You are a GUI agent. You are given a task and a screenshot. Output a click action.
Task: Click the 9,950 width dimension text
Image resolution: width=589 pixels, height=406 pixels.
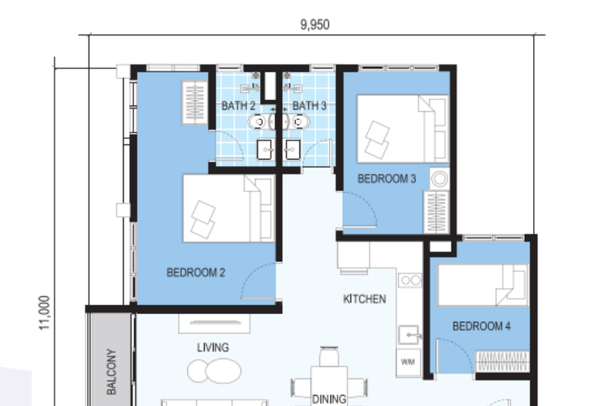tap(314, 24)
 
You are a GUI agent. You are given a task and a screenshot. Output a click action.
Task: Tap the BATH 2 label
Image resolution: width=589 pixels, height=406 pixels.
tap(238, 106)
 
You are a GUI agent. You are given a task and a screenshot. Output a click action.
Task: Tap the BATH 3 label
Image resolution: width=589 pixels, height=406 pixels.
tap(309, 106)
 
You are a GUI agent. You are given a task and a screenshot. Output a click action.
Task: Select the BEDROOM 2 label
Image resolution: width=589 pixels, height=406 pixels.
tap(196, 273)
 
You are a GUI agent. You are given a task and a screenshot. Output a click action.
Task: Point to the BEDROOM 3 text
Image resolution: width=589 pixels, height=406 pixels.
tap(387, 179)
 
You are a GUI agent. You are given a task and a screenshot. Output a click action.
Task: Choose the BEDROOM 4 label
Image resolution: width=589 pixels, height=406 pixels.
tap(482, 326)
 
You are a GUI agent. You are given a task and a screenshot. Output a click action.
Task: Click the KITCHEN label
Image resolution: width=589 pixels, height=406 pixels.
tap(364, 299)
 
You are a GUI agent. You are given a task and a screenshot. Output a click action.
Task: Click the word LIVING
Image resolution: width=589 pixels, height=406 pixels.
tap(213, 347)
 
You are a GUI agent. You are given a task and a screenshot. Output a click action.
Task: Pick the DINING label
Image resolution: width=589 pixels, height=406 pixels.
tap(328, 399)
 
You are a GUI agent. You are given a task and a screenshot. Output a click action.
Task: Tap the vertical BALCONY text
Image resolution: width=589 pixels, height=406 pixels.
tap(112, 371)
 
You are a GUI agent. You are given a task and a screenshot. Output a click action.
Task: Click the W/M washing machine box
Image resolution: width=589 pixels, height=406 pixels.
tap(409, 362)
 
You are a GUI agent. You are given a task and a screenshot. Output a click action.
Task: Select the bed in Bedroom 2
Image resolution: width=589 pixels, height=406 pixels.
tap(228, 208)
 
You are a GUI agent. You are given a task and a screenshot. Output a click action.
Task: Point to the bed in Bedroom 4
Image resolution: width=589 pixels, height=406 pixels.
tap(483, 285)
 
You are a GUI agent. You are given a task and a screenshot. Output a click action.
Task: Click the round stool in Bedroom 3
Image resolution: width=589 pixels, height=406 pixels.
tap(440, 179)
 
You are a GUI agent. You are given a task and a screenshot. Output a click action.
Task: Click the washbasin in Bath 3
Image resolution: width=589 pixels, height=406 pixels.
tap(292, 149)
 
